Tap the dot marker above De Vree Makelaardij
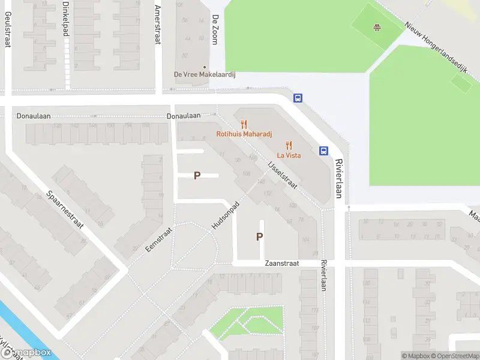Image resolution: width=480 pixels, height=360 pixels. (205, 67)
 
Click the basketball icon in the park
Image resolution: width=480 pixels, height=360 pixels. (377, 27)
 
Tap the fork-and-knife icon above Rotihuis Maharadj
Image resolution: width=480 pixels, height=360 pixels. (244, 124)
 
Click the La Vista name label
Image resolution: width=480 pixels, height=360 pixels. (289, 155)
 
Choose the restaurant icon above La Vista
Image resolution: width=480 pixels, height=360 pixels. (289, 145)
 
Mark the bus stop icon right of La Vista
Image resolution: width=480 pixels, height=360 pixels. (323, 151)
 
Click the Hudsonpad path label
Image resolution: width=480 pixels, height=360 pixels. (226, 214)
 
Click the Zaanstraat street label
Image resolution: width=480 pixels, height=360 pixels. (281, 263)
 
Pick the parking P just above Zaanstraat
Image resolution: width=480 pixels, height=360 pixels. (259, 237)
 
